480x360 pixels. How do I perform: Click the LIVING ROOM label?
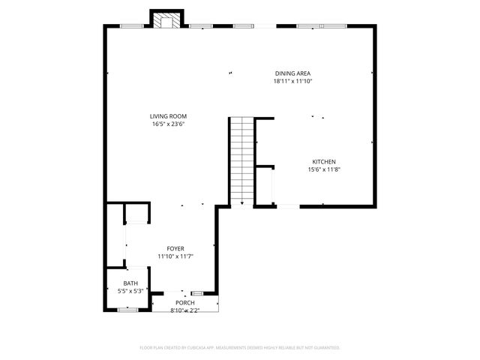(168, 116)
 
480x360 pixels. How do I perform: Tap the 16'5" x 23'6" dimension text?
(168, 124)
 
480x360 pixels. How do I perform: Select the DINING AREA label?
(292, 73)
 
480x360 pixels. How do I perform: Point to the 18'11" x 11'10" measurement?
(292, 81)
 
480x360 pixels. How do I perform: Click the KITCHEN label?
(324, 162)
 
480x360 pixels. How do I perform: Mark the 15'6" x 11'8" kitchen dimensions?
(324, 170)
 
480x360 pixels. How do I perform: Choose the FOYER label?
(175, 248)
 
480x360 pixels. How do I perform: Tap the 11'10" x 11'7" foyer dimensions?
(175, 256)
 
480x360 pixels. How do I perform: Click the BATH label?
(130, 283)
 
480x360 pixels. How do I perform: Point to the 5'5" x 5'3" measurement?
(130, 291)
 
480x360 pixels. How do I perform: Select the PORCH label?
(185, 302)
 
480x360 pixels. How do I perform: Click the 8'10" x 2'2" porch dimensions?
(185, 310)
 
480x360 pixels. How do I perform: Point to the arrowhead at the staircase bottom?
(241, 202)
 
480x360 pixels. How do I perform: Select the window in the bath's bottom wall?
(128, 309)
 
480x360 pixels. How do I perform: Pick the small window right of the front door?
(198, 292)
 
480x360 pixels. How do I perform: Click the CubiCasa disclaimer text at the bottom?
(240, 348)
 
